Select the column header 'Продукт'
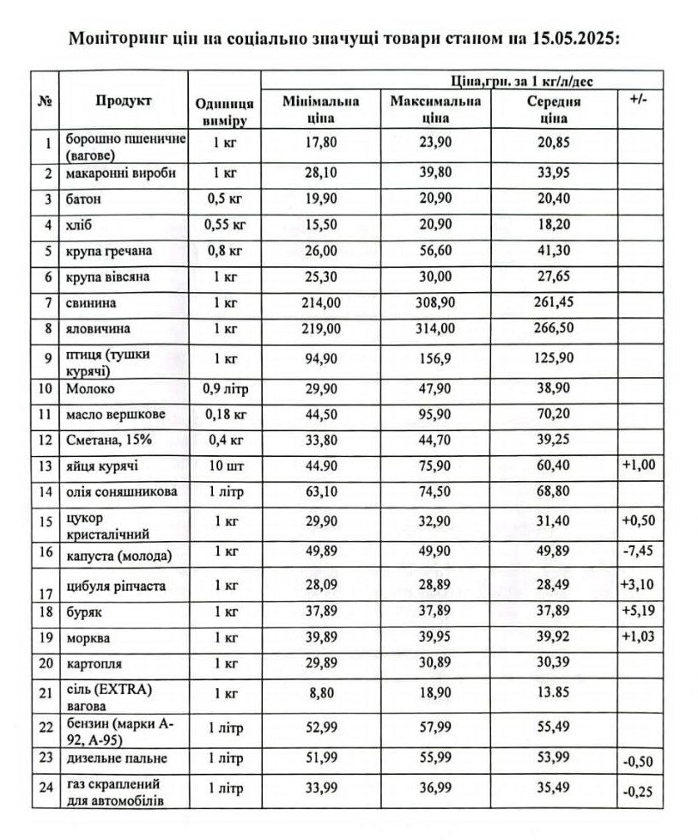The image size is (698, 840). [x=124, y=101]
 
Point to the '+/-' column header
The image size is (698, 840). [x=638, y=100]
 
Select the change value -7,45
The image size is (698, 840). [x=638, y=554]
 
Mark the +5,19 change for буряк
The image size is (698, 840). [x=638, y=612]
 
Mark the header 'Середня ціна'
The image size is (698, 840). [x=549, y=109]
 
